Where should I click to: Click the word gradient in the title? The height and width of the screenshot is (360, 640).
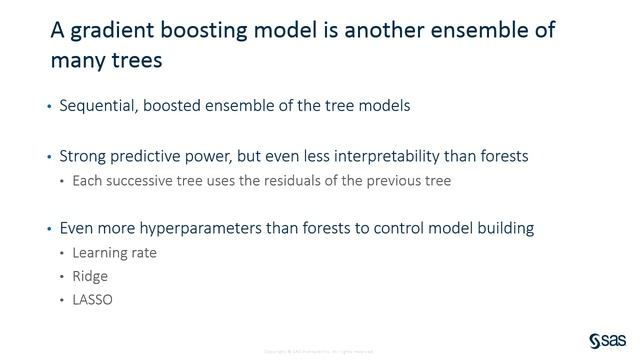[x=108, y=31]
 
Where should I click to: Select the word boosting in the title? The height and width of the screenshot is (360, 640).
[x=196, y=31]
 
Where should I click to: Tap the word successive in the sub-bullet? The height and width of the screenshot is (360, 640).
[x=139, y=180]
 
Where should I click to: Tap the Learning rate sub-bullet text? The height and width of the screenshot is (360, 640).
[x=115, y=252]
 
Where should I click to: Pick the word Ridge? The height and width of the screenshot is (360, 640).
[x=90, y=275]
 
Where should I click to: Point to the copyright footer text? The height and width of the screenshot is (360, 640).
[x=319, y=351]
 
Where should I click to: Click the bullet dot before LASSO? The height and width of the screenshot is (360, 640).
[x=62, y=298]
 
